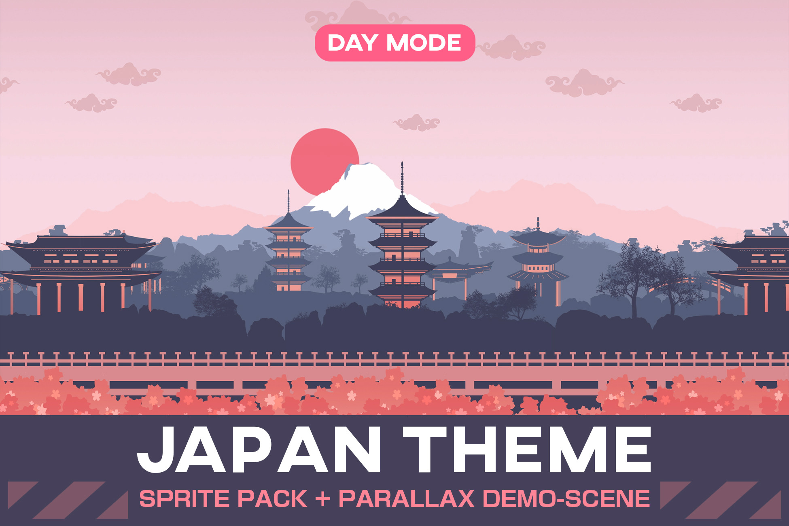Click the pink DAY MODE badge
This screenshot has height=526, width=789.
pyautogui.click(x=394, y=43)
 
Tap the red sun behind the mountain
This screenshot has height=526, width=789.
pyautogui.click(x=320, y=156)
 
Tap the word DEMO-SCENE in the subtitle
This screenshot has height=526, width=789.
pyautogui.click(x=566, y=498)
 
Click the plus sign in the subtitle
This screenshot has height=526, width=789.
pyautogui.click(x=322, y=498)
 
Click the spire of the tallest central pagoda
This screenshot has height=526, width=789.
pyautogui.click(x=402, y=178)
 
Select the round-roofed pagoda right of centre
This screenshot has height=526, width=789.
pyautogui.click(x=538, y=259)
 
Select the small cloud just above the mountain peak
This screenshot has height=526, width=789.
pyautogui.click(x=417, y=123)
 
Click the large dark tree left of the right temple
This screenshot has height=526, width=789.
pyautogui.click(x=635, y=275)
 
